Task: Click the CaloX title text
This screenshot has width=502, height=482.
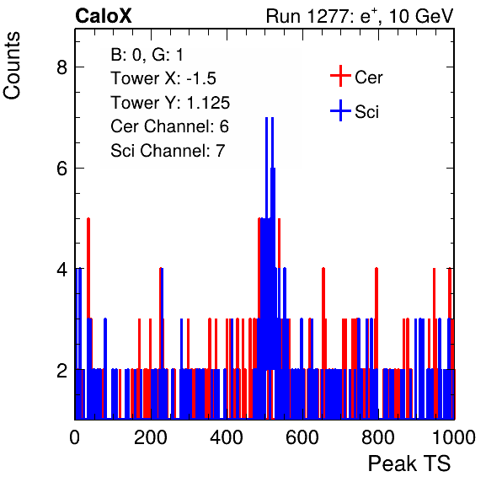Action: click(104, 16)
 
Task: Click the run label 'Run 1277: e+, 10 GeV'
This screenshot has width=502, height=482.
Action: click(360, 16)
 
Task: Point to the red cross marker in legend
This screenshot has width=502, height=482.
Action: click(340, 76)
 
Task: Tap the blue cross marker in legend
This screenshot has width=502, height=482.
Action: click(340, 110)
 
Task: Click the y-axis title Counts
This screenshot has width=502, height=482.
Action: click(12, 66)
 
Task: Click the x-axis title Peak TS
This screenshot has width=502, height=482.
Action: click(409, 463)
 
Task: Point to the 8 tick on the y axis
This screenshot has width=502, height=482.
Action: click(62, 67)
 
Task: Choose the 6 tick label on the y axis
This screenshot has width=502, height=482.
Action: click(62, 169)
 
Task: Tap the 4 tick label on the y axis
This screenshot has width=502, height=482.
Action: click(62, 270)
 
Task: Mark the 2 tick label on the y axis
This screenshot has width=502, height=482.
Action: click(62, 371)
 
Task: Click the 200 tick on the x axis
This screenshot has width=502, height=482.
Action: click(151, 437)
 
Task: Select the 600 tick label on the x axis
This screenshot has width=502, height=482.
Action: click(302, 437)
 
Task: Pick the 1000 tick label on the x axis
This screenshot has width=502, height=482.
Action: click(454, 437)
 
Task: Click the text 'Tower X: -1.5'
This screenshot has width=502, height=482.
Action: click(163, 78)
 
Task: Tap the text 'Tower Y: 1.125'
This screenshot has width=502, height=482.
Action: click(170, 103)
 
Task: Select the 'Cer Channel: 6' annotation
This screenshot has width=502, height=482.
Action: click(169, 126)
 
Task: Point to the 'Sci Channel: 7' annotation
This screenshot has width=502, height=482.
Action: click(168, 151)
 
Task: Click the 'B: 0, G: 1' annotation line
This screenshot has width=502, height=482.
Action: click(147, 55)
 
